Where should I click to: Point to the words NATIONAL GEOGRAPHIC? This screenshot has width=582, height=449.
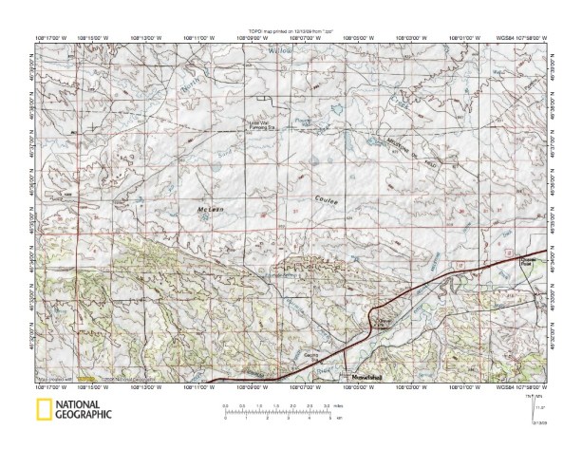point(84,411)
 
